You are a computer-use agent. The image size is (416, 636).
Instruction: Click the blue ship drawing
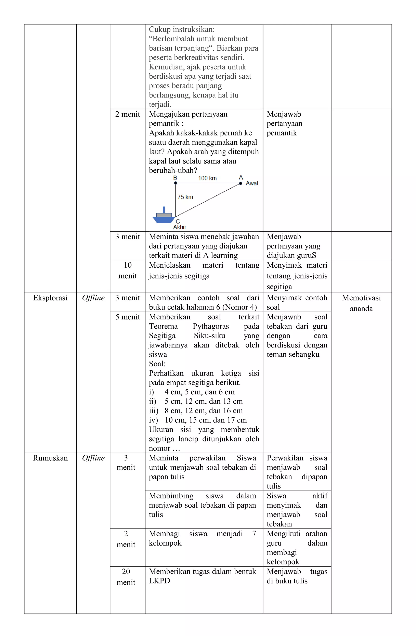tap(163, 217)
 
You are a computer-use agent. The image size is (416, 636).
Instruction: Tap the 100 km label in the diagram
tap(207, 178)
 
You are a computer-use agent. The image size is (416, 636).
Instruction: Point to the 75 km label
tap(185, 197)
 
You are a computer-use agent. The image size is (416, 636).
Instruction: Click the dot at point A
tap(240, 183)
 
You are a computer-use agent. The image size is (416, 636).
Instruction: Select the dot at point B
tap(175, 183)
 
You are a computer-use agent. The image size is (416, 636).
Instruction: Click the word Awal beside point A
tap(252, 183)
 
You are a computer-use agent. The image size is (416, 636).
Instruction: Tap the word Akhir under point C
tap(180, 227)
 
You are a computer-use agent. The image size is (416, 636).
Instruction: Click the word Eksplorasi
tap(50, 298)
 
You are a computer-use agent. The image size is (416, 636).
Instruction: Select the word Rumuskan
tap(50, 458)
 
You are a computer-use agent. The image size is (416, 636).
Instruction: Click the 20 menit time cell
tap(126, 577)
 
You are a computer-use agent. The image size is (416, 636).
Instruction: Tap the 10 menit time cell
tap(127, 270)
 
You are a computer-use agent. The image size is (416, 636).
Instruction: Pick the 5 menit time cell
tap(127, 317)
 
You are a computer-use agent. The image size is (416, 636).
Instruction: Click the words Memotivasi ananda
tap(361, 303)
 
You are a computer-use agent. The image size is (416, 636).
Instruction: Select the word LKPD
tap(159, 581)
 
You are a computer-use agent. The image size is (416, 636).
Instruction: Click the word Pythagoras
tap(211, 326)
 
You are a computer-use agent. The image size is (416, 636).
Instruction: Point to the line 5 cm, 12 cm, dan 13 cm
tap(204, 401)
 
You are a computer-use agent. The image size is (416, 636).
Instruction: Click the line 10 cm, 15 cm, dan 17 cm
tap(206, 420)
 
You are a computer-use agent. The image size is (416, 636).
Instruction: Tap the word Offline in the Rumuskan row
tap(93, 458)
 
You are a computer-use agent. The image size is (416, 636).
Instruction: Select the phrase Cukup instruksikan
tap(182, 29)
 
